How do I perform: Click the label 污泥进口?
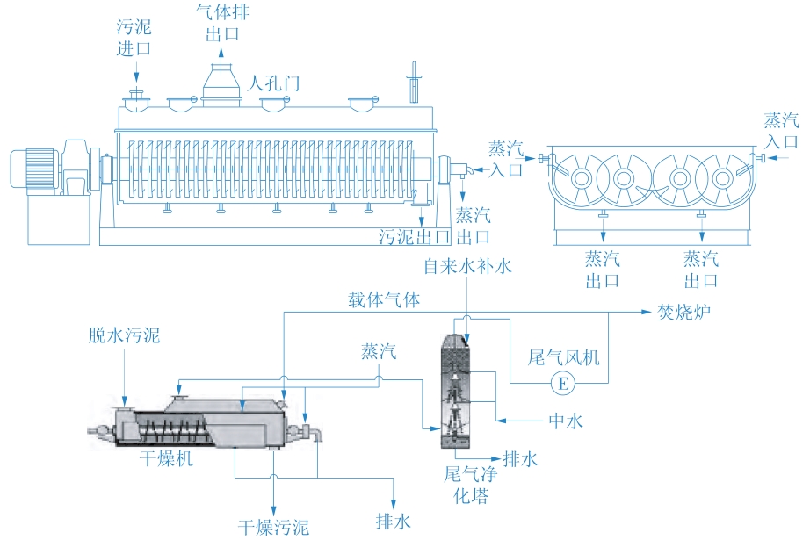pos(134,38)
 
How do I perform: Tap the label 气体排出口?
pos(222,23)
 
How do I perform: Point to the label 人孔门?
pos(273,83)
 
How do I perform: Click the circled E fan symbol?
pos(562,383)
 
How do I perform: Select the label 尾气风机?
pos(564,357)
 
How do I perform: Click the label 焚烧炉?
pos(684,312)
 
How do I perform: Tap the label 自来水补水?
pos(467,266)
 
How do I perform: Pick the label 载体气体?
pos(384,299)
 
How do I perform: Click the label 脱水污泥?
pos(124,335)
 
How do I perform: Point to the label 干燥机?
pos(166,458)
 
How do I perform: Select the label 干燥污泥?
pos(273,527)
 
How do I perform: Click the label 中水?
pos(566,421)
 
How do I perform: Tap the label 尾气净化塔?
pos(471,485)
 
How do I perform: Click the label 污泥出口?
pos(415,237)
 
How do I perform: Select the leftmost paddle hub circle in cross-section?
pos(582,178)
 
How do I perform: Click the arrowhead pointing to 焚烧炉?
pos(647,312)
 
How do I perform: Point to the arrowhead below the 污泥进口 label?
pos(136,77)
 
